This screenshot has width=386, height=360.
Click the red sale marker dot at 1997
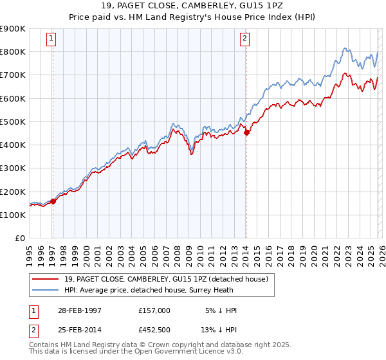point(53,201)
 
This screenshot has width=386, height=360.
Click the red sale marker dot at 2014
point(246,132)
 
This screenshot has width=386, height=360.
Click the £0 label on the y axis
point(19,239)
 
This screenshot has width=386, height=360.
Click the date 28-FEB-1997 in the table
point(79,310)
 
